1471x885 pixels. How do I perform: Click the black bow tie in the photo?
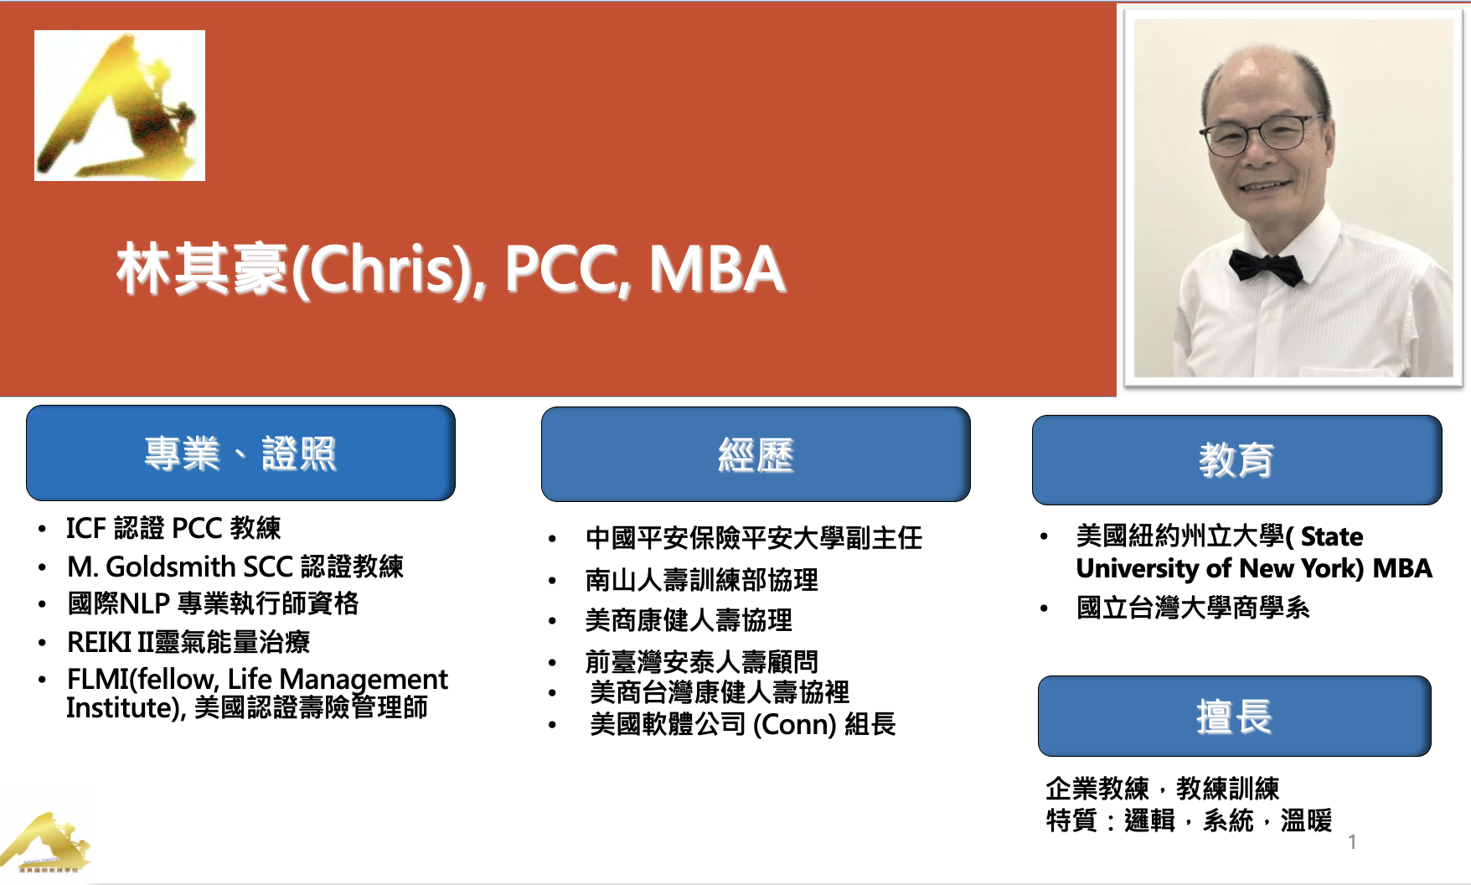(x=1266, y=267)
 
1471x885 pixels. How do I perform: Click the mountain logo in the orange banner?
(x=120, y=106)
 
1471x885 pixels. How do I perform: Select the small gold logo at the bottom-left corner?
(x=46, y=843)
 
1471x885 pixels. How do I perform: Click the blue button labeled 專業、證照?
(x=240, y=453)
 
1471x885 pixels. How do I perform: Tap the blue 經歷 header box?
(x=756, y=454)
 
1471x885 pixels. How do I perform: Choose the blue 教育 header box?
(x=1236, y=459)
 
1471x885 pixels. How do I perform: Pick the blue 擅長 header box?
(x=1234, y=716)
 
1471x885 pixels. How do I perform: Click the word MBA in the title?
(x=716, y=269)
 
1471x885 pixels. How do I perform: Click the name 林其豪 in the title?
(x=203, y=269)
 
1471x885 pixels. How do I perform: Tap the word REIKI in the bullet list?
(x=100, y=642)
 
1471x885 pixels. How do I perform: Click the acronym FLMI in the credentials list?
(x=98, y=679)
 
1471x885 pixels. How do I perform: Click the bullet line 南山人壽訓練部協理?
(x=702, y=579)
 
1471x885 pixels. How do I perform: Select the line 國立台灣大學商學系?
(x=1193, y=608)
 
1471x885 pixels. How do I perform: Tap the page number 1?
(x=1352, y=841)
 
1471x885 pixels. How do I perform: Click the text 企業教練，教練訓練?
(x=1163, y=788)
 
